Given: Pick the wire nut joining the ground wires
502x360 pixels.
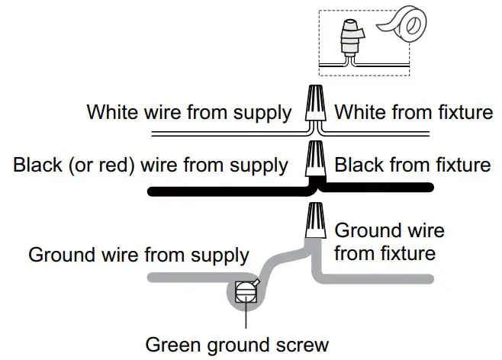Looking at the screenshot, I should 313,221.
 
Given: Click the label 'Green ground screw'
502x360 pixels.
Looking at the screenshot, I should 237,344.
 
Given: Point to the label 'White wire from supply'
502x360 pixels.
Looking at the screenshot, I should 188,113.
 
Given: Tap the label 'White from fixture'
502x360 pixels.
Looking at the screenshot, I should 414,113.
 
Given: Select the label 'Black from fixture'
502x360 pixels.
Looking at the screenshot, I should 413,164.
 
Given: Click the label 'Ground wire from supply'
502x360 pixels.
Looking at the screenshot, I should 139,254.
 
